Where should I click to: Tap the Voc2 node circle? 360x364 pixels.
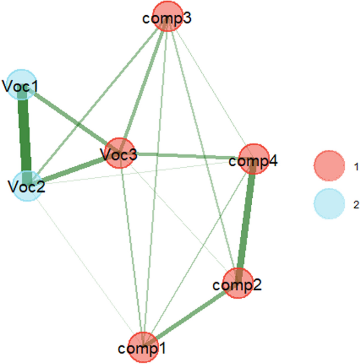pos(25,185)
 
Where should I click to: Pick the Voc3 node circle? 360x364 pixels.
pos(119,153)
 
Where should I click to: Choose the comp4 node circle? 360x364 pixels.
pos(254,158)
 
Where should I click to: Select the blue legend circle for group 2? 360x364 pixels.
pos(330,204)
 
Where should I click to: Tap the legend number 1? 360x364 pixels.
pos(356,165)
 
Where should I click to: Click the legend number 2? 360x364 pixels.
pos(356,204)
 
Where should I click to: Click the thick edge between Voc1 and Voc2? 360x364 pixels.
pos(23,134)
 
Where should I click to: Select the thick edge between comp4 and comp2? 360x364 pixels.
pos(246,221)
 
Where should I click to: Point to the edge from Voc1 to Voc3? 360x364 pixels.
pos(68,117)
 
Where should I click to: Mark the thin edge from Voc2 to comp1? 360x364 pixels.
pos(84,266)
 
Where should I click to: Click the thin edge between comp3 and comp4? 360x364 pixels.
pos(211,87)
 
